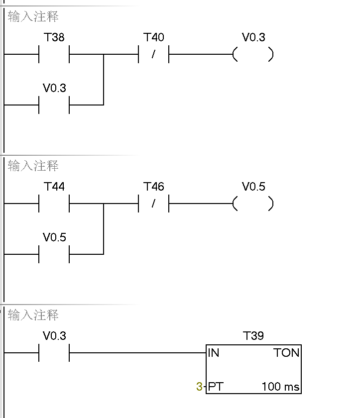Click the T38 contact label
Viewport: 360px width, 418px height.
point(54,37)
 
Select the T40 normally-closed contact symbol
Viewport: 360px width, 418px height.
point(153,54)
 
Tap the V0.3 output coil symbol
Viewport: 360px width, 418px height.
point(253,54)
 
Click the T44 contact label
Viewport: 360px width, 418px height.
point(54,187)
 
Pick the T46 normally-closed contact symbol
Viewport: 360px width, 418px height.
point(153,204)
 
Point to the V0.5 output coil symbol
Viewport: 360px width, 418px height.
point(253,204)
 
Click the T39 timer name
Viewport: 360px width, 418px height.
point(253,336)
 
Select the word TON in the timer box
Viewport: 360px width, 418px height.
point(286,353)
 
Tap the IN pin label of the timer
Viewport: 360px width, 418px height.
point(214,353)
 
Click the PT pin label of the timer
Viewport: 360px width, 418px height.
point(215,387)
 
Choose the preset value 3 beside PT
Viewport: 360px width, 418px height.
point(199,387)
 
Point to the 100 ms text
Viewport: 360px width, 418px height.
point(280,387)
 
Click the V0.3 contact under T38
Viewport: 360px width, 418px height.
point(54,104)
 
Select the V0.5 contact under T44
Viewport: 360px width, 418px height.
point(54,254)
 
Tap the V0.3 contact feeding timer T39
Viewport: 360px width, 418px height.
point(54,353)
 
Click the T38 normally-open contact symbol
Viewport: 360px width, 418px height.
point(54,54)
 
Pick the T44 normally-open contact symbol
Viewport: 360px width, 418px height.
point(54,204)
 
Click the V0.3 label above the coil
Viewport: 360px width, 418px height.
point(253,37)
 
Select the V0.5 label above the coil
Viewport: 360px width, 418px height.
point(253,187)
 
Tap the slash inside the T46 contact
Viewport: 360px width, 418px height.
point(153,204)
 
